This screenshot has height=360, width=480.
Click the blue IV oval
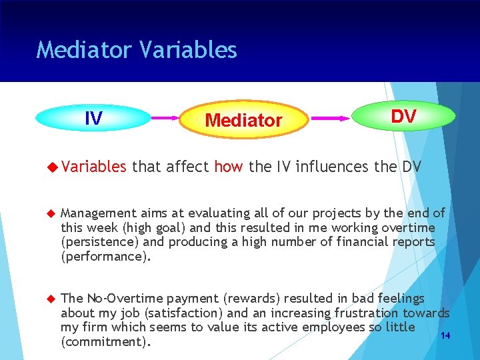point(94,119)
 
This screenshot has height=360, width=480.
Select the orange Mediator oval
point(243,120)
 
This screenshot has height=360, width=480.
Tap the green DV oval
point(403,117)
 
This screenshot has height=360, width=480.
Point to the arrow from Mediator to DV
point(331,118)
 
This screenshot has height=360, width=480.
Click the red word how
point(229,166)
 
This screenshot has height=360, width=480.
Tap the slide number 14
point(445,335)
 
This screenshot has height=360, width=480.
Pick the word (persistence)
point(100,243)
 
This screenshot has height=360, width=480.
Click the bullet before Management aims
point(49,213)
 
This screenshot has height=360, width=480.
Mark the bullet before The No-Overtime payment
point(49,299)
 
